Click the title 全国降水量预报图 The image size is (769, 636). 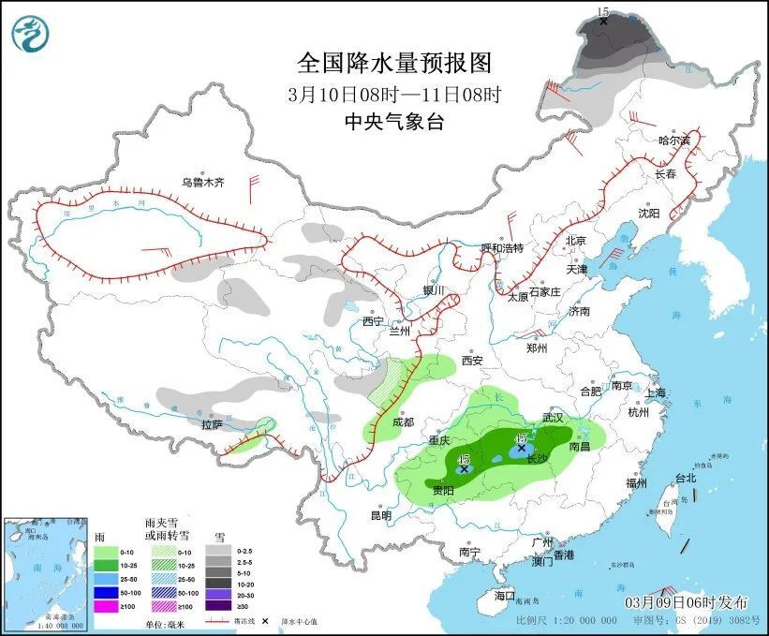tap(393, 63)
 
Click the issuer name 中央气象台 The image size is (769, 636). tap(393, 121)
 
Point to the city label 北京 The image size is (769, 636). tap(575, 241)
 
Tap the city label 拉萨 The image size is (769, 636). tap(212, 424)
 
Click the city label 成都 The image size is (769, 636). tap(403, 422)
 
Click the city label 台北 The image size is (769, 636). tap(686, 478)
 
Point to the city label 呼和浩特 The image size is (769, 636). tap(502, 248)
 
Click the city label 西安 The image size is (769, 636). tap(471, 361)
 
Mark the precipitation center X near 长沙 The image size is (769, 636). tap(522, 449)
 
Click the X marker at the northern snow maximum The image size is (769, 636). tap(603, 20)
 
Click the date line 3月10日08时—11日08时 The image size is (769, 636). tap(393, 94)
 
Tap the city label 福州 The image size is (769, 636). tap(637, 483)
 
